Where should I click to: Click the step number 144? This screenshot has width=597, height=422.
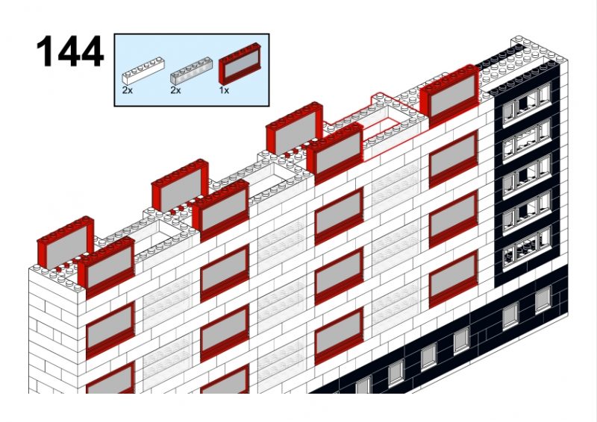(x=69, y=51)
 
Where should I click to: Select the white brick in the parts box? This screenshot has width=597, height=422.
(x=143, y=71)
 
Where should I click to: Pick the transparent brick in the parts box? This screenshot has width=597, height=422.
(x=191, y=71)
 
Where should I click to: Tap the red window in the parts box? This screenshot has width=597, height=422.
(x=240, y=64)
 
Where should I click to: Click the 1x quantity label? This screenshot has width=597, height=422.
(x=224, y=90)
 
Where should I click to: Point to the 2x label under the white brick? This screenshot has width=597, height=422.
(x=128, y=90)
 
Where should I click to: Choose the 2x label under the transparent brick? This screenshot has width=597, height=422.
(x=175, y=90)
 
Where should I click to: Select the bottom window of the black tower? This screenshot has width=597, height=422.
(x=527, y=248)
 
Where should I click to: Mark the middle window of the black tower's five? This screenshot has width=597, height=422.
(x=527, y=175)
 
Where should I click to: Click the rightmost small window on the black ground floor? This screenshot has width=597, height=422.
(x=543, y=300)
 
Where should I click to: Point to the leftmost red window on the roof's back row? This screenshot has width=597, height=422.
(x=66, y=242)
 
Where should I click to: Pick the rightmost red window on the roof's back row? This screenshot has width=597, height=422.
(x=295, y=127)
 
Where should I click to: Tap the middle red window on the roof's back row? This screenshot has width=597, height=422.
(x=180, y=185)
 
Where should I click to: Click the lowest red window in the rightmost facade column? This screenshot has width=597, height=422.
(x=454, y=279)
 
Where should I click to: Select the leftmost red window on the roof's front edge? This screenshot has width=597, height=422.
(x=106, y=266)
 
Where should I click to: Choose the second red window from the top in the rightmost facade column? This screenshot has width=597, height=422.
(x=454, y=219)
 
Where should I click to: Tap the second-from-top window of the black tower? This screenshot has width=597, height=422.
(x=527, y=139)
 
